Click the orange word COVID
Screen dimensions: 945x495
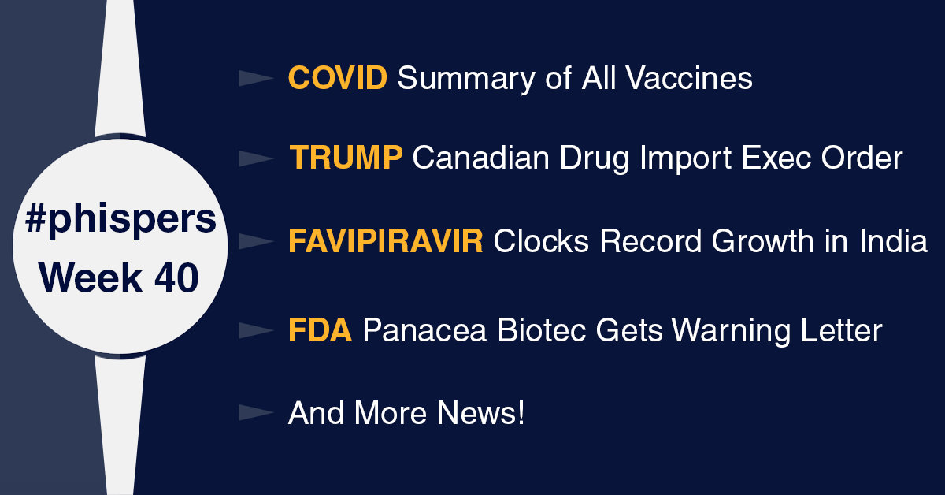pos(338,78)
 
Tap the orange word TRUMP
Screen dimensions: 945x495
pos(346,158)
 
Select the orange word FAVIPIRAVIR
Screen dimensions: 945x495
pos(386,241)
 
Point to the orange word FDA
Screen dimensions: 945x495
pos(320,329)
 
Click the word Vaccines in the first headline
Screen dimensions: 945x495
pos(688,78)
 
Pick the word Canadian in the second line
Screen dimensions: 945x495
pos(481,158)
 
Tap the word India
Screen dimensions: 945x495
pos(893,241)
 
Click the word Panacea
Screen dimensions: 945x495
pos(424,329)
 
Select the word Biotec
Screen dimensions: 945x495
pos(542,329)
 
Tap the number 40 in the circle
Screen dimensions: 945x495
pos(176,277)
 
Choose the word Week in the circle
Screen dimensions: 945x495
pos(91,277)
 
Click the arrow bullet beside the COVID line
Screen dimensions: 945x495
pos(256,79)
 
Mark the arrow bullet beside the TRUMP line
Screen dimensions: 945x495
pos(256,158)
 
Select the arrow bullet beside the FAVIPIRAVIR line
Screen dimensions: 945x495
pos(256,241)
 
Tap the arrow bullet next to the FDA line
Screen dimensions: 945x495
pos(256,330)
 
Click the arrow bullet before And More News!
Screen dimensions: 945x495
pos(256,413)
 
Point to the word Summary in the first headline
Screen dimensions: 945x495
pos(466,80)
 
